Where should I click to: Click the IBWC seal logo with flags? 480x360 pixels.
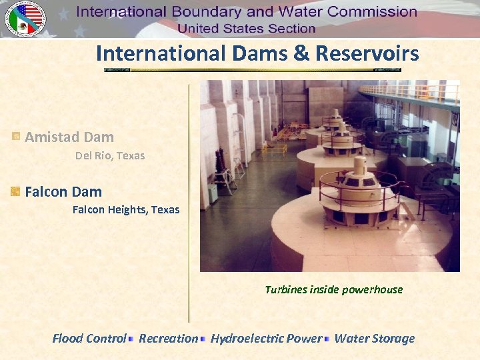pyautogui.click(x=25, y=18)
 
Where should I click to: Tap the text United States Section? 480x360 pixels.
pyautogui.click(x=246, y=28)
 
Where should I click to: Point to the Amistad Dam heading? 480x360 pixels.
pyautogui.click(x=69, y=137)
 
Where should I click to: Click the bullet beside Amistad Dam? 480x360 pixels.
pyautogui.click(x=15, y=137)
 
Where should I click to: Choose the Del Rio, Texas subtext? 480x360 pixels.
pyautogui.click(x=110, y=155)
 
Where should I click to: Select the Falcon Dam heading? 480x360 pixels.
pyautogui.click(x=63, y=192)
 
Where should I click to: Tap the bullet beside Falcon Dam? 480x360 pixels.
pyautogui.click(x=15, y=192)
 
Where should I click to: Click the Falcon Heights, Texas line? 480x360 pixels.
pyautogui.click(x=126, y=209)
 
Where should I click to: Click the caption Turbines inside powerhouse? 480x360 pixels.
pyautogui.click(x=333, y=289)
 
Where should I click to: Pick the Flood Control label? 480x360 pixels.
pyautogui.click(x=89, y=339)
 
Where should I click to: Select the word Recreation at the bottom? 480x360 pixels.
pyautogui.click(x=169, y=339)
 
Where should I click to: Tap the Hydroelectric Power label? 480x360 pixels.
pyautogui.click(x=266, y=339)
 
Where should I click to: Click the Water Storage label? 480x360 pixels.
pyautogui.click(x=374, y=339)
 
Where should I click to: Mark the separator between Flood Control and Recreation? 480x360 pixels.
pyautogui.click(x=131, y=339)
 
